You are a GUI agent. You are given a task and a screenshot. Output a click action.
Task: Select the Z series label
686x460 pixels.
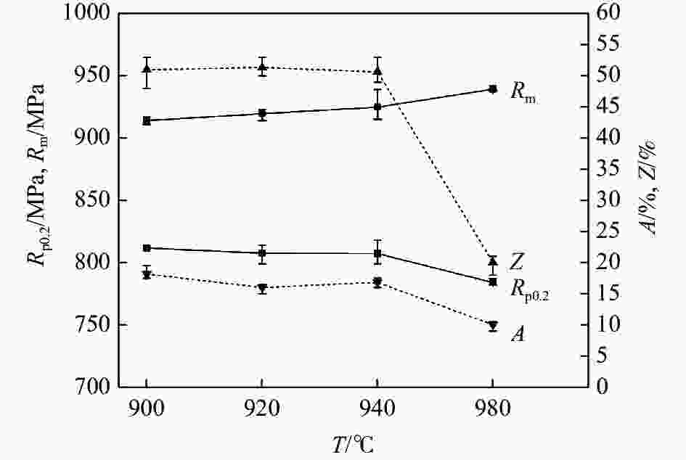click(518, 261)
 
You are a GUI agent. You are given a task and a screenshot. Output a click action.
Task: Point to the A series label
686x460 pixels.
click(518, 334)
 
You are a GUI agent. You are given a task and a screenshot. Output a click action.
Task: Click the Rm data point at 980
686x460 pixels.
click(493, 89)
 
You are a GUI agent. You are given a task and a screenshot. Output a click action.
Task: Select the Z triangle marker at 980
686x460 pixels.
click(493, 261)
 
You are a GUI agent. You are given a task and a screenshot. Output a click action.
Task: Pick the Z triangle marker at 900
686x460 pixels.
click(147, 69)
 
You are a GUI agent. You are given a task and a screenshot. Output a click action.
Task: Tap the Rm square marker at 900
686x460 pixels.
click(147, 120)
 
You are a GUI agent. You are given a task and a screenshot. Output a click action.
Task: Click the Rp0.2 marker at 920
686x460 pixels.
click(261, 253)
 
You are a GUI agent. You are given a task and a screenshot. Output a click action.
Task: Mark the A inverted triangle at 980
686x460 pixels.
click(493, 326)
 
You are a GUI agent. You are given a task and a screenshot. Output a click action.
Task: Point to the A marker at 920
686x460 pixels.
click(261, 288)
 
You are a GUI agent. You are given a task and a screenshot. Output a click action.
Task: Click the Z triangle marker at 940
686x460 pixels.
click(377, 71)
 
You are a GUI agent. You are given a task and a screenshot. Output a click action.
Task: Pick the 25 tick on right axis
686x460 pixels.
click(608, 231)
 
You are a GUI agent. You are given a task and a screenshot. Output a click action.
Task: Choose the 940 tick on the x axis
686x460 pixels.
click(377, 408)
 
